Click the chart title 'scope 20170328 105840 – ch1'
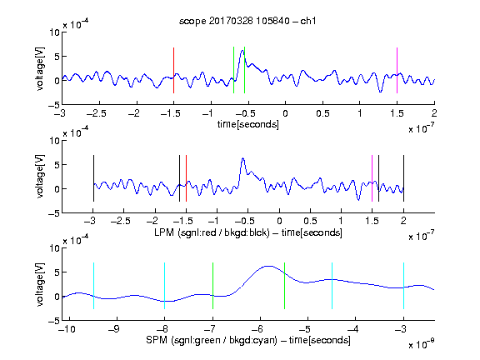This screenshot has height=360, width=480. pos(247,21)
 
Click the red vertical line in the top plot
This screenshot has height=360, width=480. pos(173,70)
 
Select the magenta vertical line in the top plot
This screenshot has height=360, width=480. pos(397,70)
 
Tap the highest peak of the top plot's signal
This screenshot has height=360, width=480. pos(242,51)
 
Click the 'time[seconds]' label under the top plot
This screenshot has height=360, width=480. pos(248,124)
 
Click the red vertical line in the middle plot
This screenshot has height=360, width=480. pos(186,178)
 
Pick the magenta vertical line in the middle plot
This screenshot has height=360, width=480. pos(372,178)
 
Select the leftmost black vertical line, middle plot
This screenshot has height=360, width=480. pos(93,178)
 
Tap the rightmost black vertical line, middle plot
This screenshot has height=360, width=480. pos(403,178)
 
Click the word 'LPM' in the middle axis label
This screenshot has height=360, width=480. pos(164,232)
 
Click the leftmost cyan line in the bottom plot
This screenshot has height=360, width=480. pos(93,286)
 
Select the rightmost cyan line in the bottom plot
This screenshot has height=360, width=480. pos(403,286)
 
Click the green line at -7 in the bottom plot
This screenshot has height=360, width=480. pos(212,286)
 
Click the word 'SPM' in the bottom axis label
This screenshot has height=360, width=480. pos(157,340)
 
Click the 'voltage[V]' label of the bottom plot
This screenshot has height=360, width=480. pos(40,284)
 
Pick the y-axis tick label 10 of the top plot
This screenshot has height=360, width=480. pos(55,32)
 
